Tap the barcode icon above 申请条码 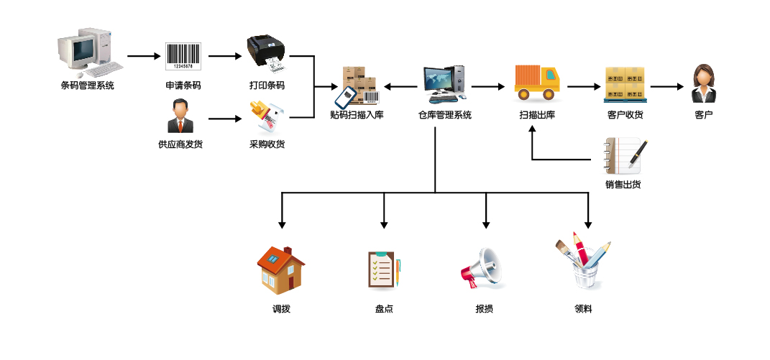183,55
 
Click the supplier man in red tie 180,116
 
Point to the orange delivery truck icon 536,82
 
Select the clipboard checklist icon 382,269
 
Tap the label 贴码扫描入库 357,115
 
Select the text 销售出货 623,185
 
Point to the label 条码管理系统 87,86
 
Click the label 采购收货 267,144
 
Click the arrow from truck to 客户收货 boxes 582,86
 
